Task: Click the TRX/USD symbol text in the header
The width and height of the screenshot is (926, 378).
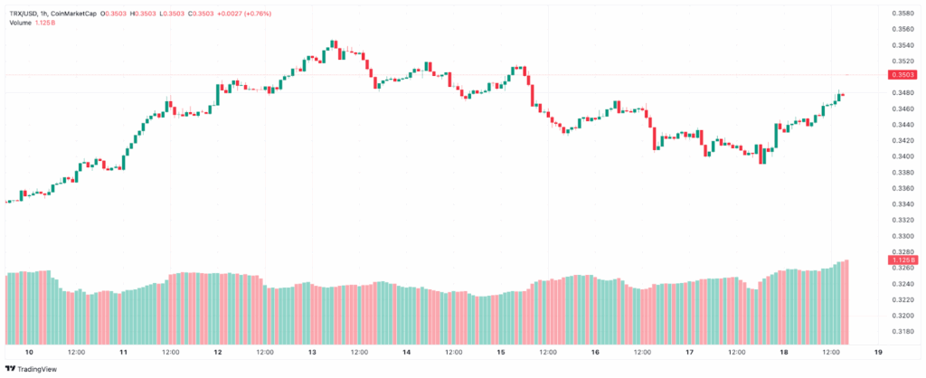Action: coord(26,14)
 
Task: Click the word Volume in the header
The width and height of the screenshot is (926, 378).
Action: coord(20,23)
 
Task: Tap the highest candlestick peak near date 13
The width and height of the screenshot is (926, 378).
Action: coord(334,42)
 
